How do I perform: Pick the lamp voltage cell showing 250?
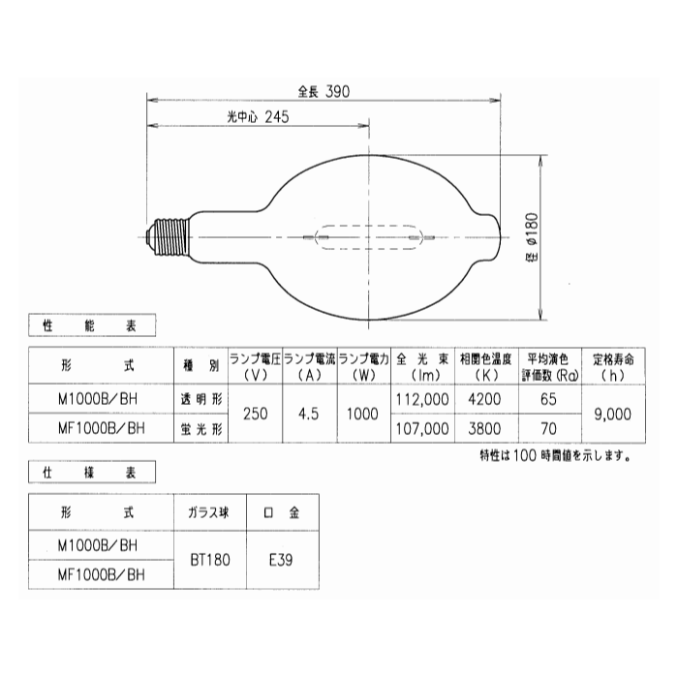point(256,413)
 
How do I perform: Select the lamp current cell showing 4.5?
point(309,413)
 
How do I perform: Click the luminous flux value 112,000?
point(422,398)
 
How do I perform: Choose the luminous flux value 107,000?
point(422,427)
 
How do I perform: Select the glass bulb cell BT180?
point(204,559)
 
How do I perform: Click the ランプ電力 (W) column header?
point(364,366)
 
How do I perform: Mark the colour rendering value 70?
point(547,427)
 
